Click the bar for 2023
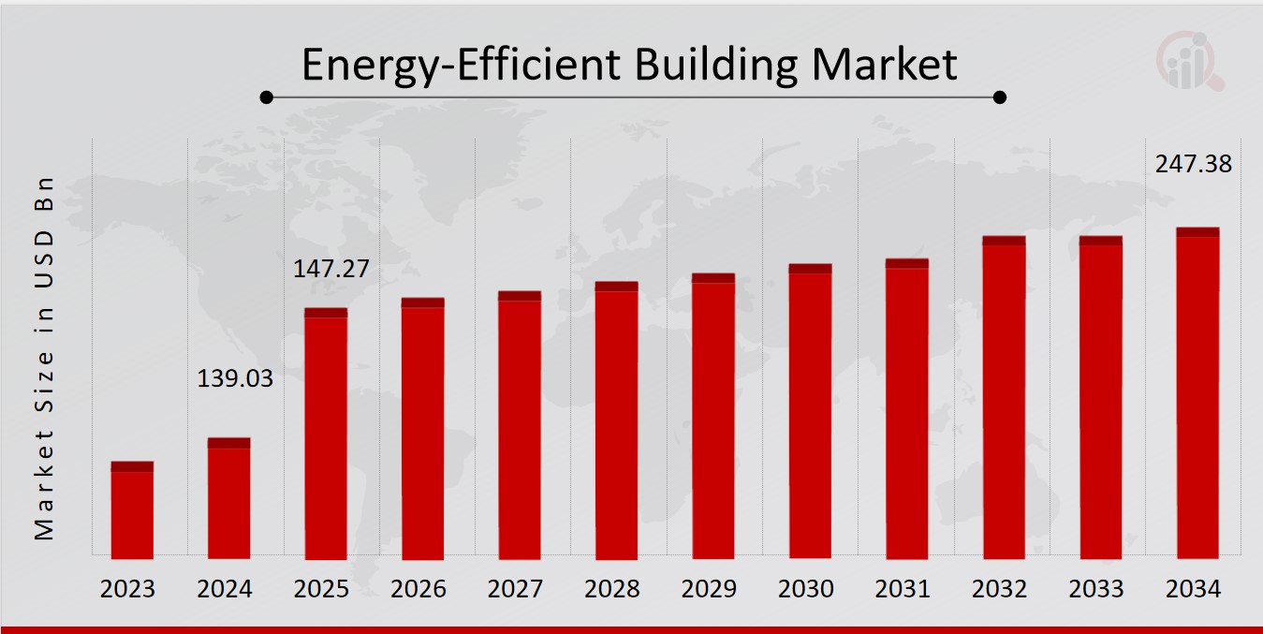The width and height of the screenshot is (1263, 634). coord(132,510)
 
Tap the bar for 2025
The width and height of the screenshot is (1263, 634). coord(326,434)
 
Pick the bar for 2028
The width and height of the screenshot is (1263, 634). coord(616,420)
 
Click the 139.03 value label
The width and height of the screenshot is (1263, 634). coord(235,379)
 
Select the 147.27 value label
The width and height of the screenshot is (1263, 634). coord(331,270)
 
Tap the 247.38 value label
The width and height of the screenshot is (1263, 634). coord(1194,165)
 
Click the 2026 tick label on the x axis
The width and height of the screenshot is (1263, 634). coord(419,589)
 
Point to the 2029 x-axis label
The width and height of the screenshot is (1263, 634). coord(709,589)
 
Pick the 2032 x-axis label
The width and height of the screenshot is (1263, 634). coord(1000,589)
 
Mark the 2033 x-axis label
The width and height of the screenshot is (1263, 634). coord(1096,589)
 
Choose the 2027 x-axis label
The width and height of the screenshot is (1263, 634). coord(515,589)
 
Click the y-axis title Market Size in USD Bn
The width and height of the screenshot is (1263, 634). coord(44,358)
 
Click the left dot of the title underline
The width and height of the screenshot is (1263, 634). coord(267,96)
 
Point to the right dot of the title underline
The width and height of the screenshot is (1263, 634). coord(999,96)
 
